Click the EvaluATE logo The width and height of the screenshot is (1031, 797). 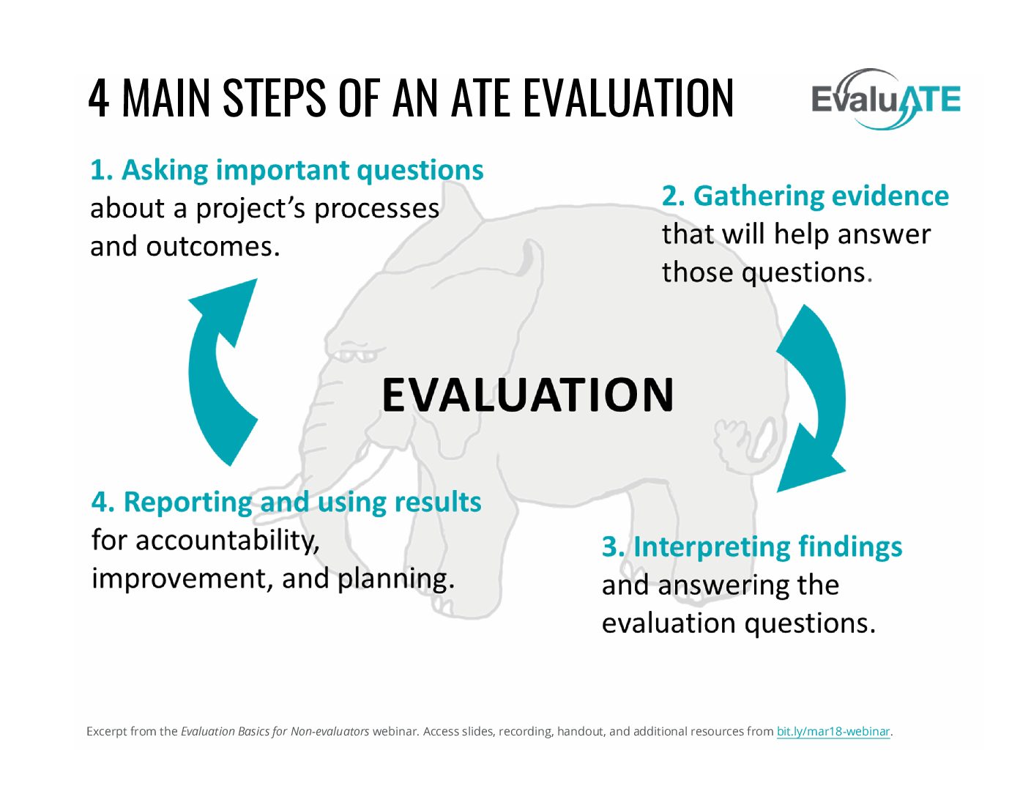click(x=885, y=99)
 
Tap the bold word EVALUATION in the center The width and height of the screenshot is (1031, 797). click(x=528, y=394)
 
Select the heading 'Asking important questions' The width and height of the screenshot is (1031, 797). click(x=302, y=171)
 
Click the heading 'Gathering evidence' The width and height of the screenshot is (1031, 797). click(x=821, y=196)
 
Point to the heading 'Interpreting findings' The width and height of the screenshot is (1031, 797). click(x=767, y=547)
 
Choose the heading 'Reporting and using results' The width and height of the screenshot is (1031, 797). click(x=302, y=503)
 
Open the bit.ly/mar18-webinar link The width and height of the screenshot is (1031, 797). click(x=833, y=732)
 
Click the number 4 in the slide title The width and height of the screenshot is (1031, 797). click(x=98, y=98)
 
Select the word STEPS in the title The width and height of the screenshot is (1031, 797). click(x=275, y=98)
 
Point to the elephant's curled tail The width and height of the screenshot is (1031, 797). click(x=744, y=439)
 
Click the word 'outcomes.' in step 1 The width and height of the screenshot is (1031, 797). click(x=212, y=247)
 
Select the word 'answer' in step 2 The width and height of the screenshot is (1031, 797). click(x=884, y=235)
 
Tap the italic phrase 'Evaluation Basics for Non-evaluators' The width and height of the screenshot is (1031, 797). click(x=275, y=732)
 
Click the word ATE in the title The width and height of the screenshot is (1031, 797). click(x=480, y=98)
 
